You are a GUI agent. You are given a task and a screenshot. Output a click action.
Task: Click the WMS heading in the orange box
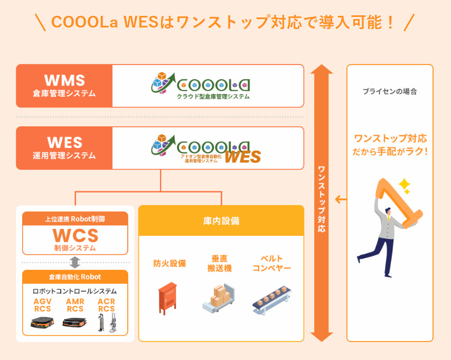[65, 80]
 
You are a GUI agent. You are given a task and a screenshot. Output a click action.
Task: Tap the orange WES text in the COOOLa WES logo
[243, 156]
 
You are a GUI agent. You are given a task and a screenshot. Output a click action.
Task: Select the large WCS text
[76, 235]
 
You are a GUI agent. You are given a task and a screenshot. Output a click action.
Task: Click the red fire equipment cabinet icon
[167, 298]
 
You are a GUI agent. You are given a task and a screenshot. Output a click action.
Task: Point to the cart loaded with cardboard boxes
[219, 298]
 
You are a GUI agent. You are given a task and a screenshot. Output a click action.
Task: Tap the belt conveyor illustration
[272, 300]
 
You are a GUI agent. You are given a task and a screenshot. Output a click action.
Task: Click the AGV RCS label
[43, 305]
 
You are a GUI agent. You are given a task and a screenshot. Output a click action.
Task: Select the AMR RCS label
[75, 305]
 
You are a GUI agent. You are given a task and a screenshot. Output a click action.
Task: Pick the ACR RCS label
[107, 305]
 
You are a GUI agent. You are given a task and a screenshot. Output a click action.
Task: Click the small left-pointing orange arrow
[341, 199]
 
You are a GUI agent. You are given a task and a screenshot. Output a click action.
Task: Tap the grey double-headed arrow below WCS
[75, 263]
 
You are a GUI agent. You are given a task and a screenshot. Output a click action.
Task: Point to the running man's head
[388, 211]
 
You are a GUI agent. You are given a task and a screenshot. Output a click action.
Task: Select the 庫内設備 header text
[221, 221]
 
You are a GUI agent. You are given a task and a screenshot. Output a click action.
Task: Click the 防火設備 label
[170, 263]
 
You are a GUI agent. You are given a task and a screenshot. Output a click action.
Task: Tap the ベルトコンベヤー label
[271, 263]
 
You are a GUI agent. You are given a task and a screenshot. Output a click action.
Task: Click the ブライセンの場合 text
[390, 91]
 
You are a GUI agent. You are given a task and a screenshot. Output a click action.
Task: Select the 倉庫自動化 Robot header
[75, 277]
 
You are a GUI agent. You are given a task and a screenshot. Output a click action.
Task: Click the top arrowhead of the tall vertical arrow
[322, 69]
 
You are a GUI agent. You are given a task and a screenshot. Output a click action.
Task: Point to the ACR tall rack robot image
[107, 323]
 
